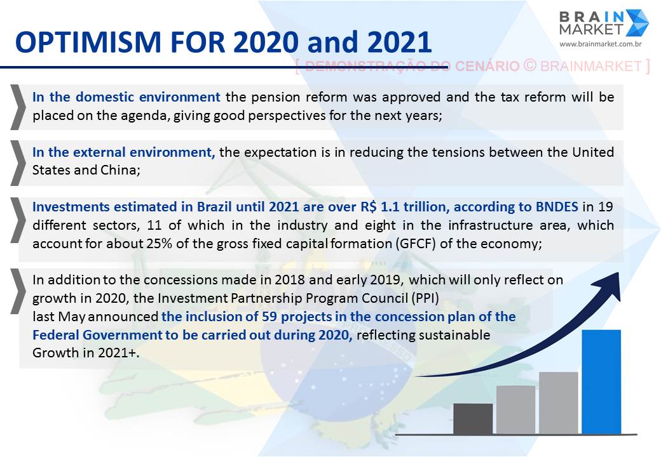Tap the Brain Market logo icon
tap(637, 23)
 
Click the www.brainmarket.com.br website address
tap(600, 44)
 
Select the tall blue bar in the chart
tap(601, 381)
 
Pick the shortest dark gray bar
tap(473, 419)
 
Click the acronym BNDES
tap(557, 207)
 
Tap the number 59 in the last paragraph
tap(269, 317)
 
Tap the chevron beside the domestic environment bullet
tap(18, 107)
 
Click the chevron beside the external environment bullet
tap(18, 163)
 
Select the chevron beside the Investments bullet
tap(18, 220)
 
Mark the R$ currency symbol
tap(369, 207)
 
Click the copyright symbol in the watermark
tap(530, 65)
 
